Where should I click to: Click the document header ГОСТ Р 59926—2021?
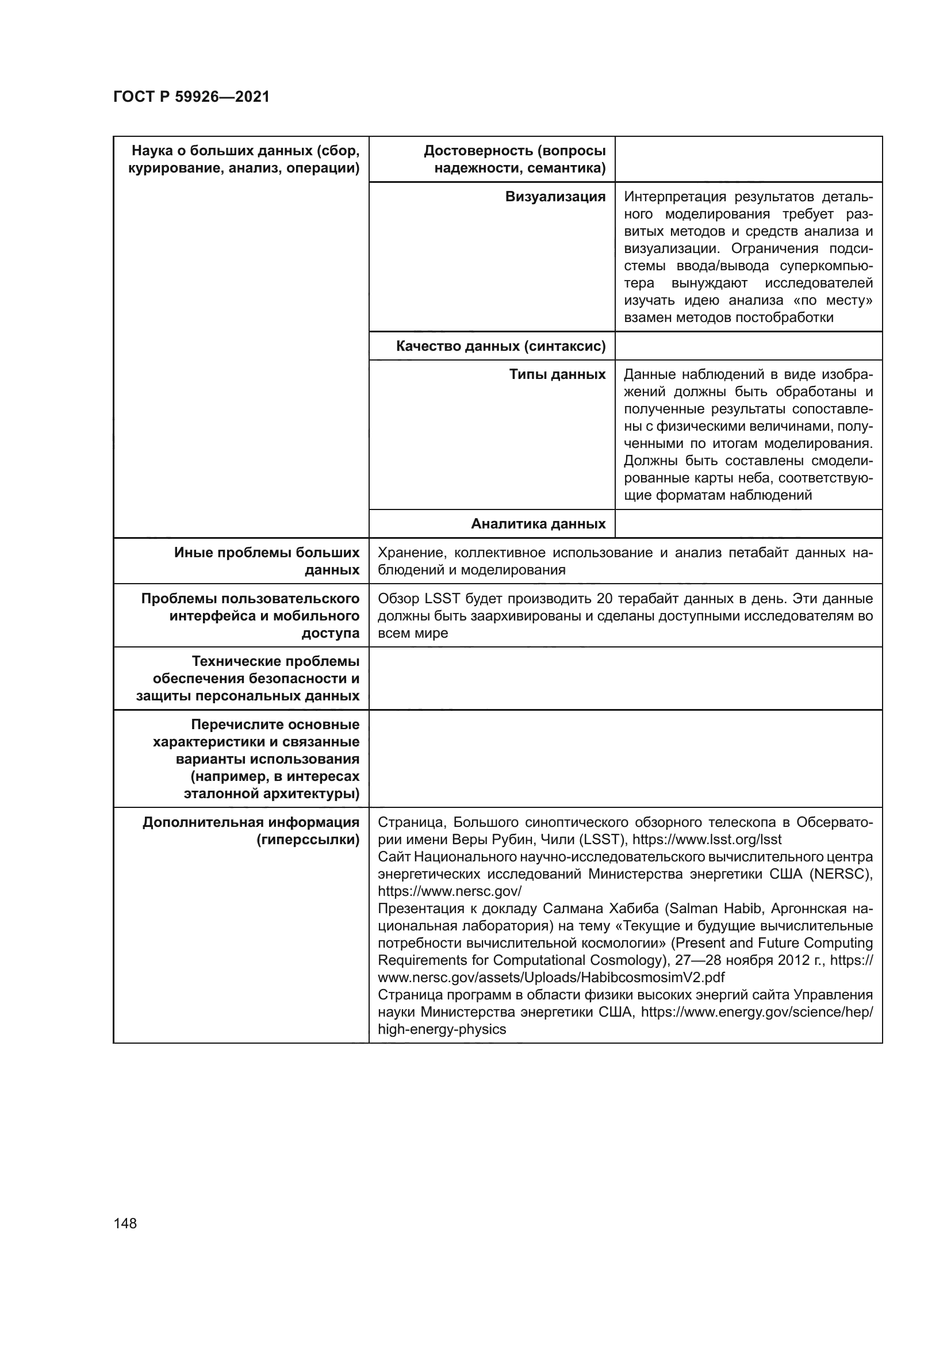191,97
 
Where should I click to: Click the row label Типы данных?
557,374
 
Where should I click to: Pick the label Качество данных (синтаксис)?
500,346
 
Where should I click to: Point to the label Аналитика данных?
538,524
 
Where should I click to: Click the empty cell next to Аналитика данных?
748,524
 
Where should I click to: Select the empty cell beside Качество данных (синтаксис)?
748,346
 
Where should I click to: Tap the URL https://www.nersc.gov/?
449,892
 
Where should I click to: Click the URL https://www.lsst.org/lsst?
706,840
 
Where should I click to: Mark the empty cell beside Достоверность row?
748,159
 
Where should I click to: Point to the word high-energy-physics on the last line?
442,1029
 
